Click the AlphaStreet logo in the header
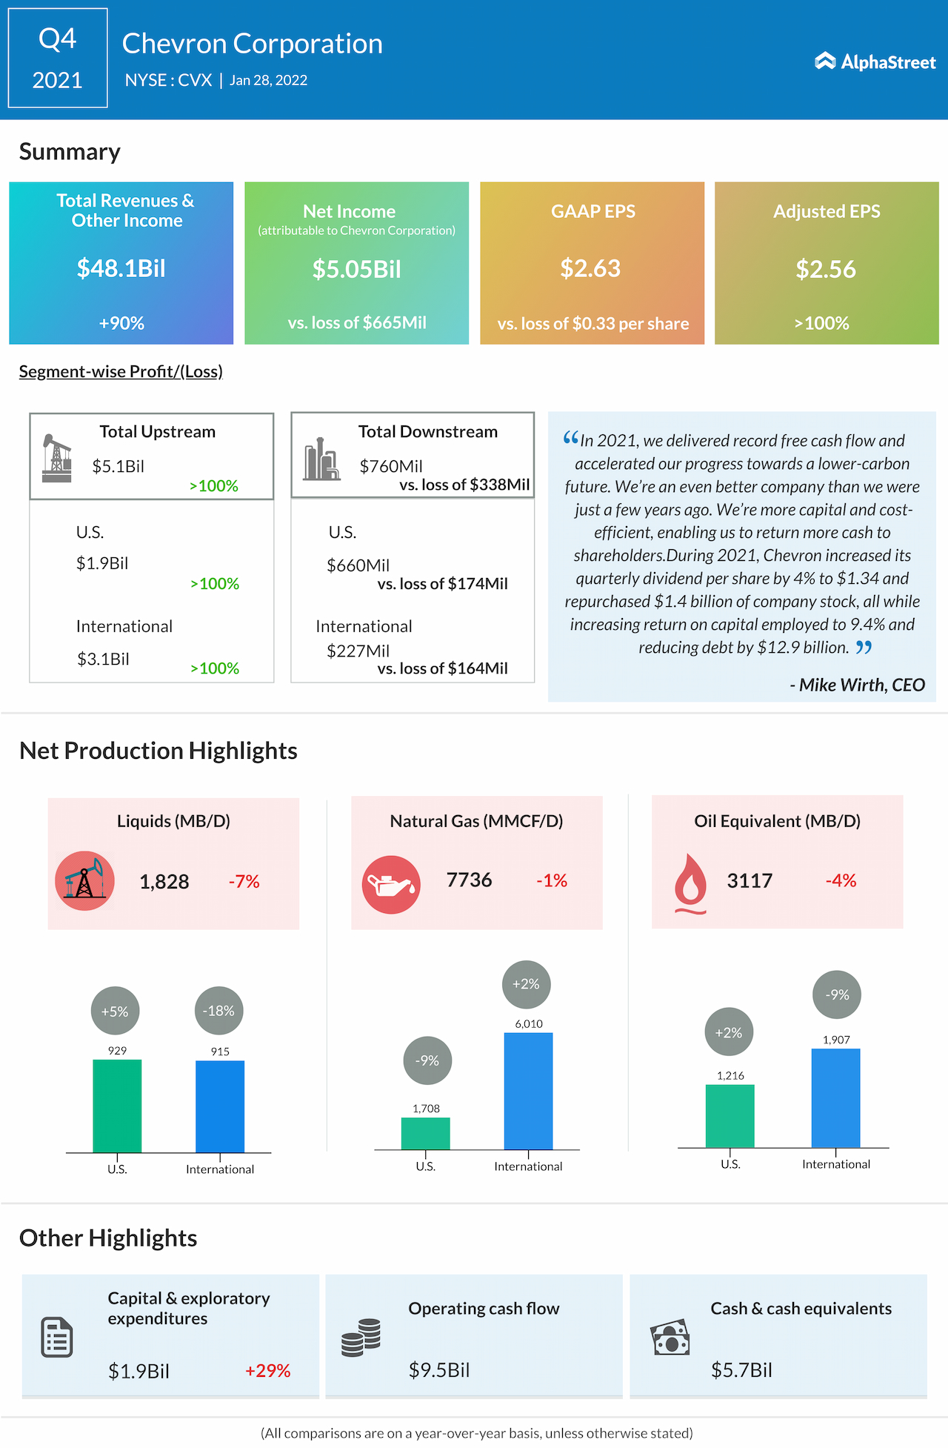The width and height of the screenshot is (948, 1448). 875,62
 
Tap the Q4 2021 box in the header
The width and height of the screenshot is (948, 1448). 58,58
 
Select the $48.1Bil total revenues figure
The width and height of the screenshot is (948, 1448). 121,268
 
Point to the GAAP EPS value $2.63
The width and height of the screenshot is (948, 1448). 590,268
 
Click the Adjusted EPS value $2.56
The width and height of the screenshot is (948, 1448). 826,269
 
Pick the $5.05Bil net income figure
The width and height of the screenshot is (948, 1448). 356,269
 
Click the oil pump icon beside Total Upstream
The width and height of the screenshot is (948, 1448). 57,458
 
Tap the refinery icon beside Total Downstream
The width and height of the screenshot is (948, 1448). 321,459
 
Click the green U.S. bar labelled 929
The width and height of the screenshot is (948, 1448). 117,1106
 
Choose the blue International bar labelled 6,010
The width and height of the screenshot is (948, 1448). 528,1090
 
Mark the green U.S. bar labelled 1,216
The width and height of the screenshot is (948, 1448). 730,1116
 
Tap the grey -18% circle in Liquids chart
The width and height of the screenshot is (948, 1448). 219,1011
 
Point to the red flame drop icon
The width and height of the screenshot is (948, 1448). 690,882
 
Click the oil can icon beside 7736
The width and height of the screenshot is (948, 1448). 391,884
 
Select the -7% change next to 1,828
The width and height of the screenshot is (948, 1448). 244,881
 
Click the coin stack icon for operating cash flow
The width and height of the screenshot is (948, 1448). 361,1338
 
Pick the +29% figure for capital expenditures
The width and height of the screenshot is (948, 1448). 267,1370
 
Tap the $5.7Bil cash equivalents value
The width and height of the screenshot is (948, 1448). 741,1369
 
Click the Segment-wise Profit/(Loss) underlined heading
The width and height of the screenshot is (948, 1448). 121,371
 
